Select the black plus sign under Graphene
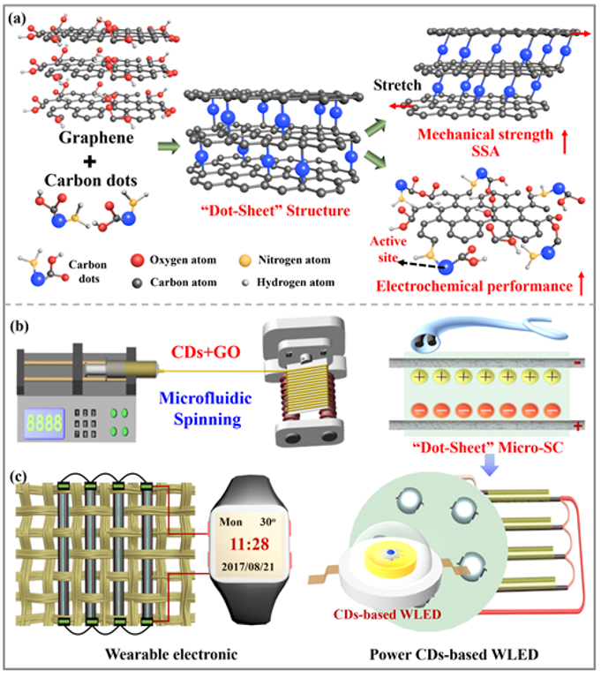(x=85, y=162)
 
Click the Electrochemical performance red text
(x=481, y=286)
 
